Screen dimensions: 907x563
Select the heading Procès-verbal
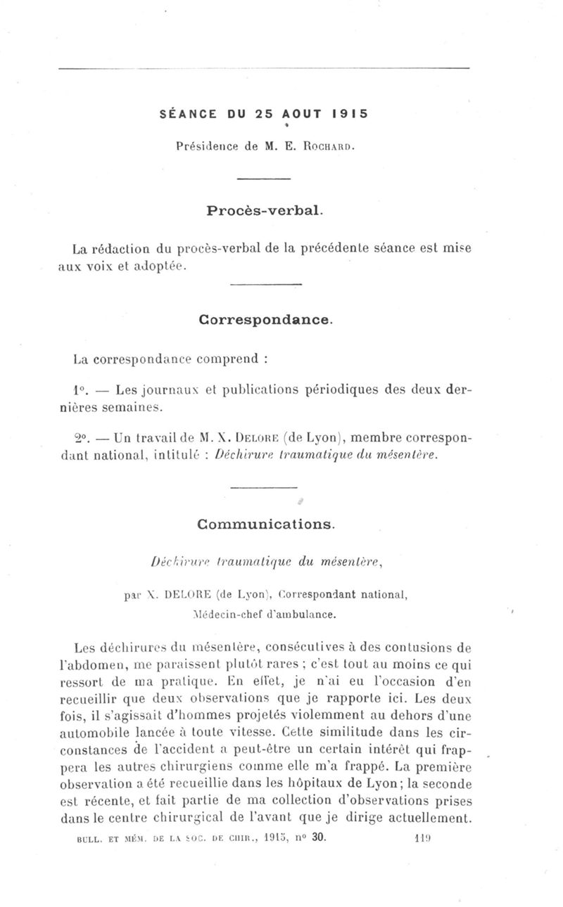pos(265,210)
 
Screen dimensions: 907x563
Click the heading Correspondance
pos(265,319)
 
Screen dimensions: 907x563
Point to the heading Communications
pos(266,523)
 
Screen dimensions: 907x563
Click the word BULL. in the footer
pos(89,839)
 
